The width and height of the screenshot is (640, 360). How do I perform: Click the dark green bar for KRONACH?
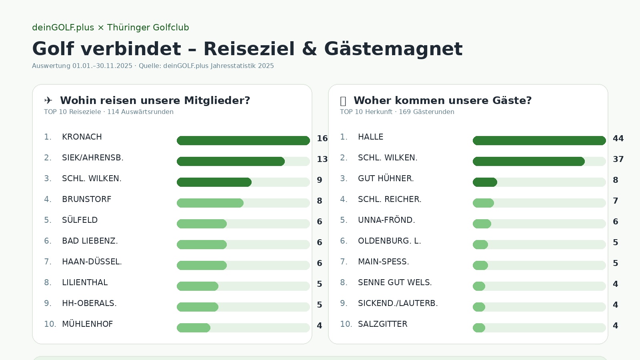click(243, 140)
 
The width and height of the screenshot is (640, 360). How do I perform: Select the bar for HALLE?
click(539, 140)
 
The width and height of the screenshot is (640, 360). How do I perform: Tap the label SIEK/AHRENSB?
click(93, 158)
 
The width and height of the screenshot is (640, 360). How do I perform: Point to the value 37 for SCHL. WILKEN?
click(618, 159)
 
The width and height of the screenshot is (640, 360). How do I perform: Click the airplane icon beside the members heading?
click(48, 100)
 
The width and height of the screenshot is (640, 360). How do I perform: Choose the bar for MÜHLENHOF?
click(194, 328)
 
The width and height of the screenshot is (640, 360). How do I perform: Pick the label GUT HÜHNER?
click(386, 178)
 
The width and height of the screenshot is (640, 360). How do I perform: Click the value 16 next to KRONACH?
click(322, 138)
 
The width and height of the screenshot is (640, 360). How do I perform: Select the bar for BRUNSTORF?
click(210, 203)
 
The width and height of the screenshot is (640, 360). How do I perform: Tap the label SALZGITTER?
click(382, 324)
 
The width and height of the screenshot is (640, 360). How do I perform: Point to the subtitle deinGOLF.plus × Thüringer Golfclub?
click(110, 28)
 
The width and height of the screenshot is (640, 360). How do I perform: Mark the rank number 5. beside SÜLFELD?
click(48, 220)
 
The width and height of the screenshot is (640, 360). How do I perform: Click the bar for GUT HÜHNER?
click(485, 182)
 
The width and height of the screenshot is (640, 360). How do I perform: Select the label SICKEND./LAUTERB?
click(398, 303)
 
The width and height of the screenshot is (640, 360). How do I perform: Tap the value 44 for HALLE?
click(618, 138)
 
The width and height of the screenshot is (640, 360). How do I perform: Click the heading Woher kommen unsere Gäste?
click(442, 100)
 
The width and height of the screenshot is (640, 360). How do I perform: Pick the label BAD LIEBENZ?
click(90, 241)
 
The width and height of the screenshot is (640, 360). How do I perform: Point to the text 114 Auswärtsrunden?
click(140, 112)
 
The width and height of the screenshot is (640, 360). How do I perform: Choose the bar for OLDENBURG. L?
click(480, 244)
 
